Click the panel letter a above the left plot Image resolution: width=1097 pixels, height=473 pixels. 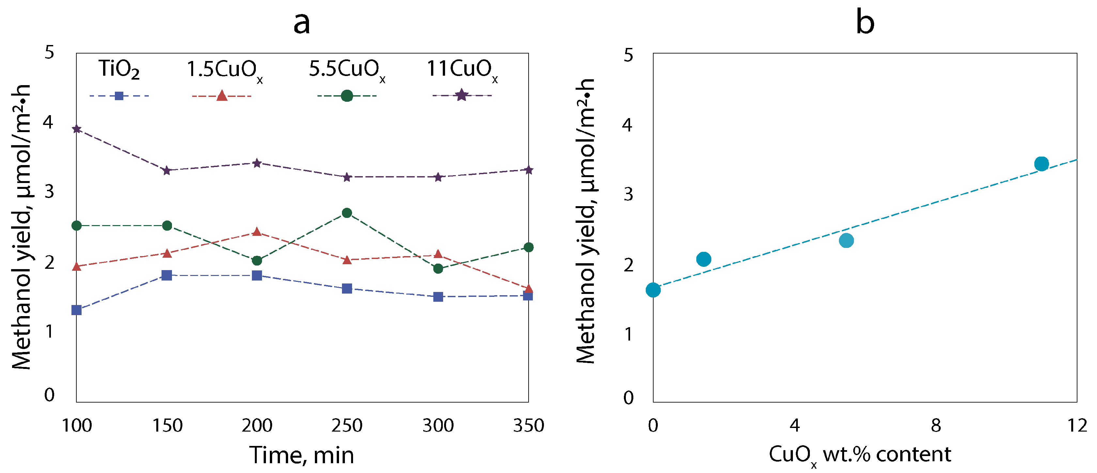301,23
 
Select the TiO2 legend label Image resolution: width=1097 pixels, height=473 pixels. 119,69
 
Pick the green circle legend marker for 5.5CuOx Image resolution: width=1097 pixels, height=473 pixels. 347,96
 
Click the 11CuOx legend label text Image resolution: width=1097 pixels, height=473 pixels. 462,69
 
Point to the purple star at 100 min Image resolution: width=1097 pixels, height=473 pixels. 77,129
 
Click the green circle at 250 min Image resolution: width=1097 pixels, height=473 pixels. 347,213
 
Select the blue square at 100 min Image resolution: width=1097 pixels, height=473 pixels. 77,310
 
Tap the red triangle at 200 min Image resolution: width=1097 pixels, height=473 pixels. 257,232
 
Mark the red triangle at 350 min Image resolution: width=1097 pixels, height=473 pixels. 528,289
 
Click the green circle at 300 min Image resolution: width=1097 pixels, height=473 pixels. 438,269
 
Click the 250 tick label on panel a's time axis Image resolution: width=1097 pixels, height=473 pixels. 347,426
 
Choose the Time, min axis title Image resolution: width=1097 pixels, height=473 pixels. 301,455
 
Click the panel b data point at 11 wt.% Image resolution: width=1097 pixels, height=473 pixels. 1041,164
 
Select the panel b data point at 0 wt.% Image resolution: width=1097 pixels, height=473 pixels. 653,290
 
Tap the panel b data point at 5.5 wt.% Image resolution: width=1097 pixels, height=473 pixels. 846,240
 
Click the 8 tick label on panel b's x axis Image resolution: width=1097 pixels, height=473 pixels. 935,426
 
